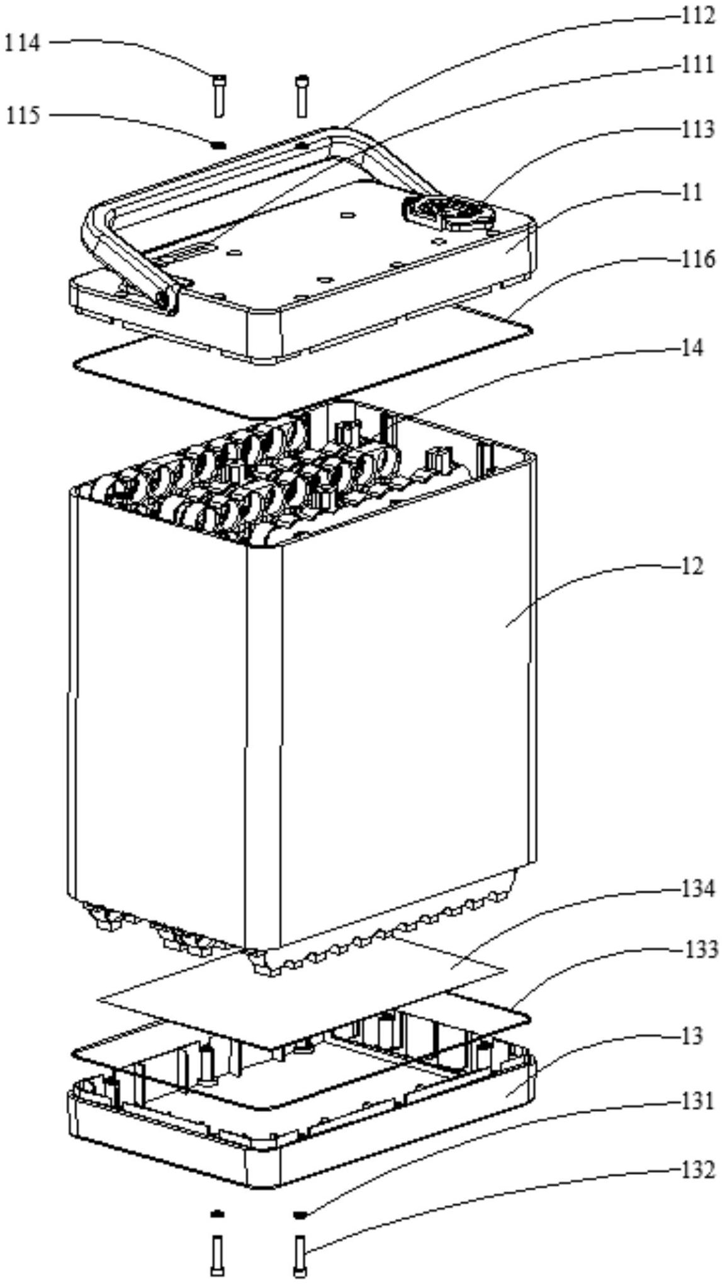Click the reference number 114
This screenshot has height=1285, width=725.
[23, 43]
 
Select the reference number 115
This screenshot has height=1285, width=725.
[23, 116]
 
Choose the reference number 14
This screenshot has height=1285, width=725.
[692, 347]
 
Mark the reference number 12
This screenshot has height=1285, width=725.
[692, 566]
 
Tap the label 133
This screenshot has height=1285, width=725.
[700, 950]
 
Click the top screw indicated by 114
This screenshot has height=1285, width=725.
[218, 95]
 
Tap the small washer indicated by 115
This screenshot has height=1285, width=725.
[218, 145]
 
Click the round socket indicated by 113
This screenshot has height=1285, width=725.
[449, 211]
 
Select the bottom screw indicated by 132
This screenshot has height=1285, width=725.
[300, 1255]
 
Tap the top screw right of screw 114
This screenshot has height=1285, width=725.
[302, 95]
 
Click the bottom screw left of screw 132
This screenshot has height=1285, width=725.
[217, 1255]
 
